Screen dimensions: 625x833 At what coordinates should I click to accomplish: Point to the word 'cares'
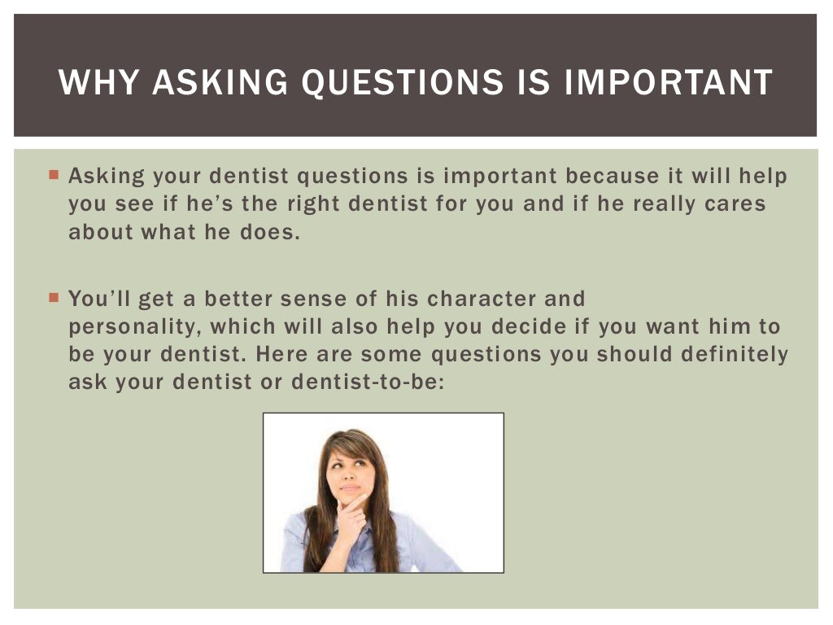click(735, 203)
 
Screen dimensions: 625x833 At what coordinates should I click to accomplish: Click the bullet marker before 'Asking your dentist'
click(54, 175)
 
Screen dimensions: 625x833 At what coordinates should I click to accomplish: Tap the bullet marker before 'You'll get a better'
click(54, 298)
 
